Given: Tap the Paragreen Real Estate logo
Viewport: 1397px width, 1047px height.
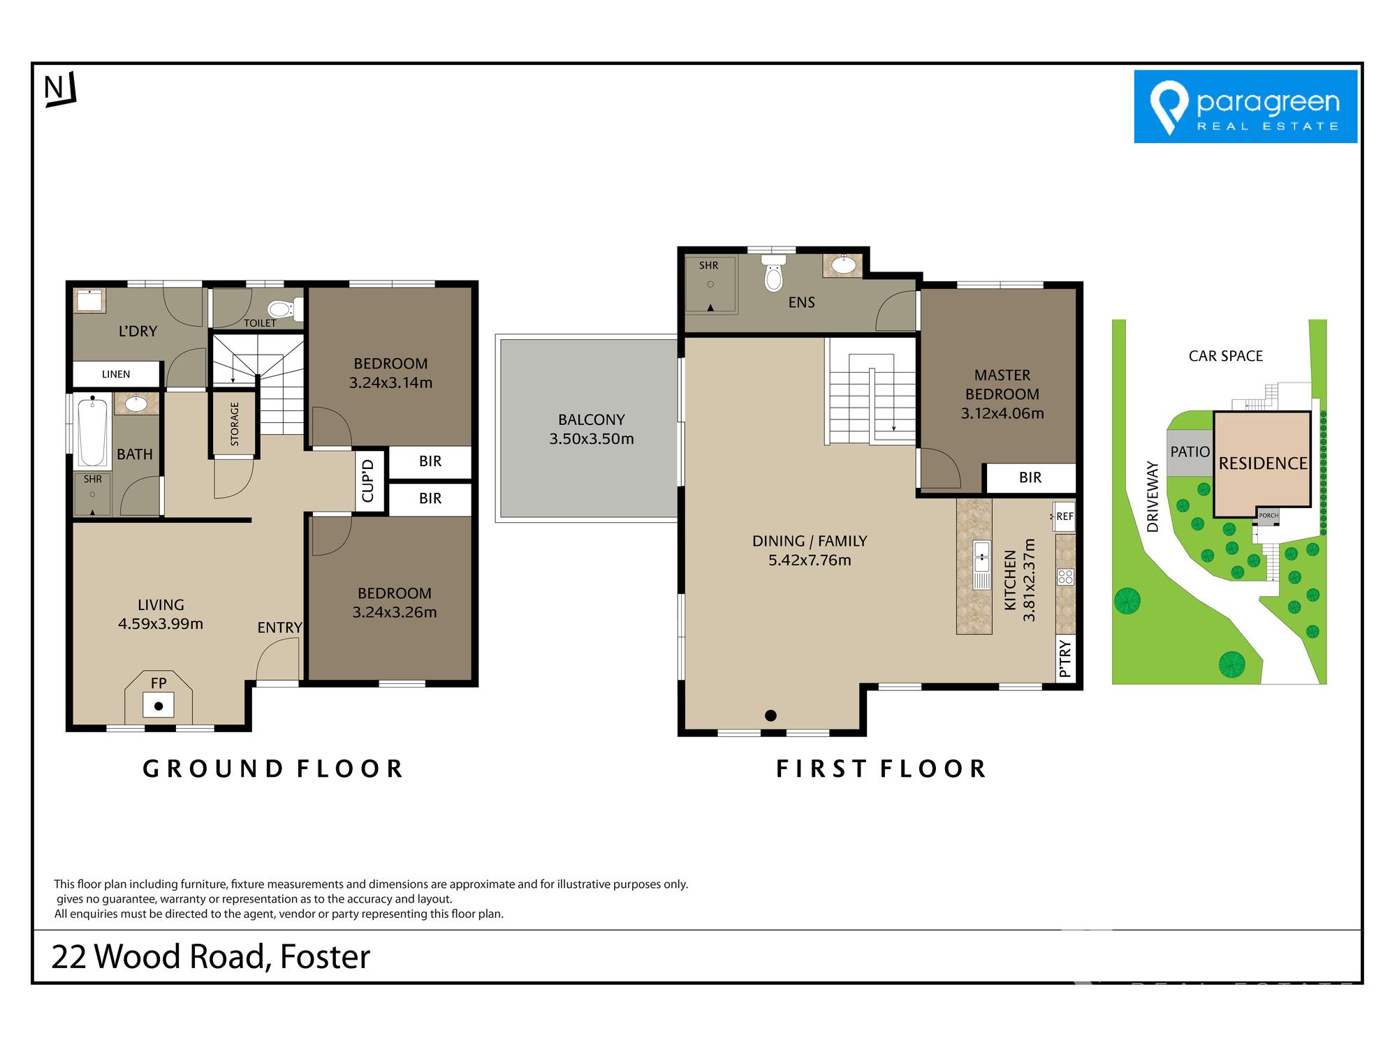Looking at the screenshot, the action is (1245, 106).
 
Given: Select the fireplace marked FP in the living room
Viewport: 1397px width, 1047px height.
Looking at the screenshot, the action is (159, 698).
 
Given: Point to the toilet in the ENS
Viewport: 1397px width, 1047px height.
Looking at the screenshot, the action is (773, 272).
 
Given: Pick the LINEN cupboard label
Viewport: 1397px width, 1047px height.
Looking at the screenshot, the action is (116, 374).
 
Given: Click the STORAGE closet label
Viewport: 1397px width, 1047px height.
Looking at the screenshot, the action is (235, 424).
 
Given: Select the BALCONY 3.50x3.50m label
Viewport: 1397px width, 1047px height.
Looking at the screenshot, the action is (592, 429).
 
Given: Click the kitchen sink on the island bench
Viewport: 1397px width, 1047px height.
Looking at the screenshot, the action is (981, 564).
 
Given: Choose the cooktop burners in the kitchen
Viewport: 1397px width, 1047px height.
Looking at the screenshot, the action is (1065, 577).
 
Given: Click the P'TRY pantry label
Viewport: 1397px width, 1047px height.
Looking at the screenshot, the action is (1065, 658).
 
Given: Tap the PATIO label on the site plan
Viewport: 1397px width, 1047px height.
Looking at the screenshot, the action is (1190, 452).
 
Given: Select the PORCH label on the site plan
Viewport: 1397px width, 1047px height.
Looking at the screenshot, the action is (1268, 515).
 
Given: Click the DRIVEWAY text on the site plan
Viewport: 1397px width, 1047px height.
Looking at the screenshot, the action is (1153, 496).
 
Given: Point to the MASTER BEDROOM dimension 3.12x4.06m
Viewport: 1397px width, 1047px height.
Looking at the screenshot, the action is (1002, 413).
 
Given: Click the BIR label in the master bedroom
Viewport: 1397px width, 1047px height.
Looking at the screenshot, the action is (1030, 477).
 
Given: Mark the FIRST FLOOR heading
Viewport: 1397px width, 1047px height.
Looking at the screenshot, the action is (882, 768).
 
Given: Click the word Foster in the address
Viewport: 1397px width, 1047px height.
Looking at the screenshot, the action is (325, 956).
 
